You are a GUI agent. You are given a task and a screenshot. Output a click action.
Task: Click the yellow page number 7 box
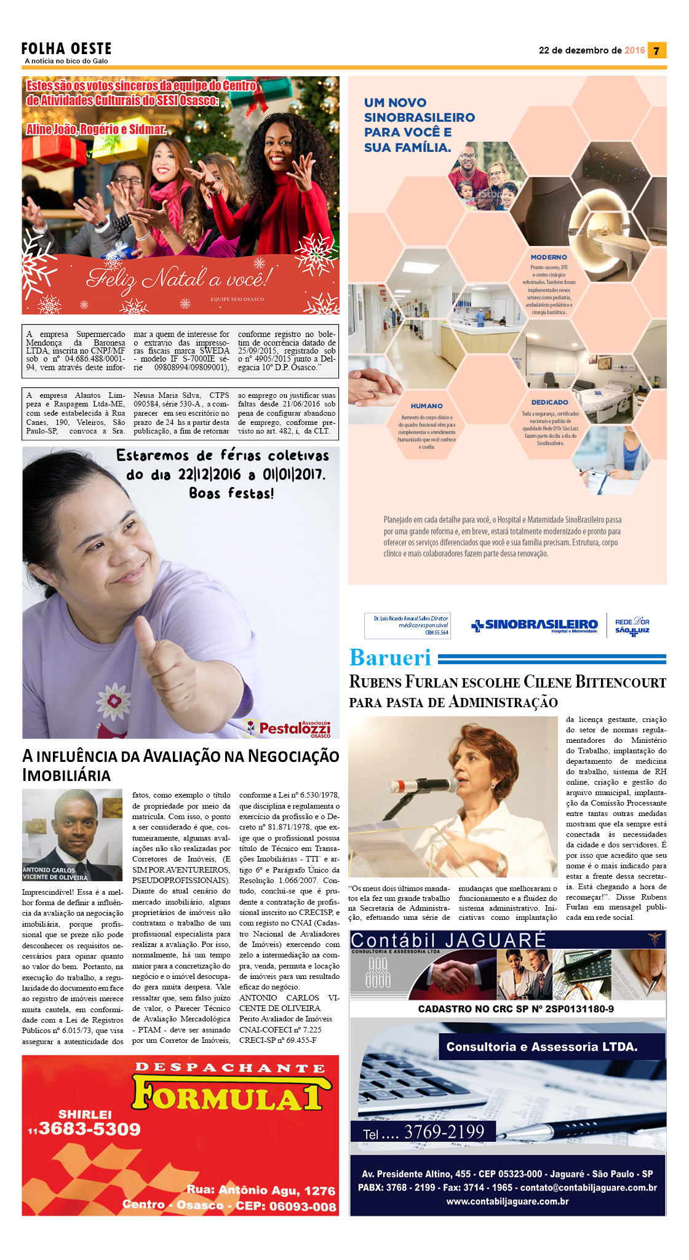tap(656, 50)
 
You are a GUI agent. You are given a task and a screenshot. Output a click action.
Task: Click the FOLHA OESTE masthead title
tap(66, 49)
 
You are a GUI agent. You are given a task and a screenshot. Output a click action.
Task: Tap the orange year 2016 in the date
tap(634, 50)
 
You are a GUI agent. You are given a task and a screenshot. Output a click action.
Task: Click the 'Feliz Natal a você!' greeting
tap(178, 279)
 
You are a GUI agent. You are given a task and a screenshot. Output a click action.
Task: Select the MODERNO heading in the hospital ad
tap(549, 257)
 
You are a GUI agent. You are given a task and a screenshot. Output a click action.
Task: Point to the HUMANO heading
tap(426, 406)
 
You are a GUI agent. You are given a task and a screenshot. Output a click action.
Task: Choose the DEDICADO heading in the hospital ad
tap(549, 402)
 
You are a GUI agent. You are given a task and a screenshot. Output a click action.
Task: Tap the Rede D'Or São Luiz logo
tap(632, 626)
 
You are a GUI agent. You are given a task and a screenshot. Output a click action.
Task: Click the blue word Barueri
tap(390, 657)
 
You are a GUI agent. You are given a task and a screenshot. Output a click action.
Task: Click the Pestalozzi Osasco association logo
tap(288, 728)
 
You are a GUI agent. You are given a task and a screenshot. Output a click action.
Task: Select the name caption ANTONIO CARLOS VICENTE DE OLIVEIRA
tap(56, 873)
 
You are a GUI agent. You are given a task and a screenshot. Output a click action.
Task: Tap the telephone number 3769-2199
tap(444, 1131)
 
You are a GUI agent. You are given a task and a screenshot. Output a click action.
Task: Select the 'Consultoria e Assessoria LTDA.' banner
tap(542, 1047)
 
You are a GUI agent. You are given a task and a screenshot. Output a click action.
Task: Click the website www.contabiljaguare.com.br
tap(508, 1201)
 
